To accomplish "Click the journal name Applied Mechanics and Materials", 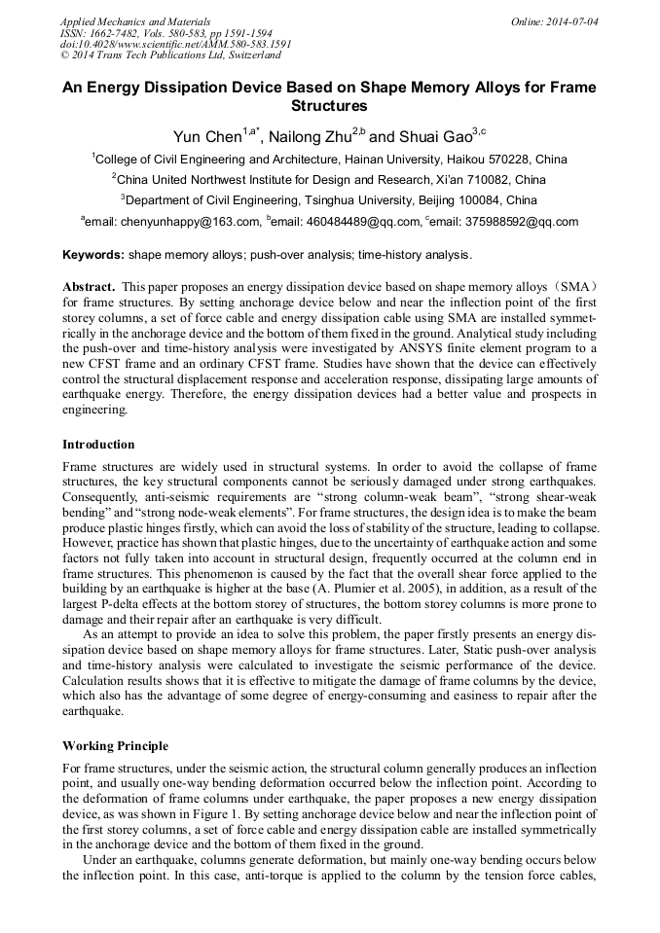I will coord(135,20).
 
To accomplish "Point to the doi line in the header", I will coord(175,44).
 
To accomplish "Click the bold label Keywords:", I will coord(93,255).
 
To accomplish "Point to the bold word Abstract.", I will coord(91,289).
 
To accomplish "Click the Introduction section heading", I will coord(98,445).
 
